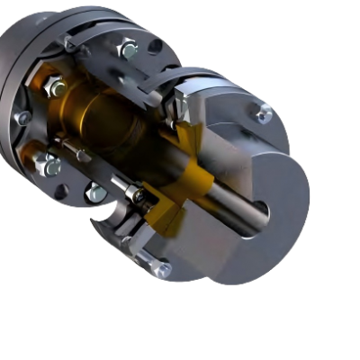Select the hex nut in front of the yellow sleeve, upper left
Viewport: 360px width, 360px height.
54,87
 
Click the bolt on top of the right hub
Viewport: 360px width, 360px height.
264,114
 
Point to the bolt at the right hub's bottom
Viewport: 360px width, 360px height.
161,267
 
